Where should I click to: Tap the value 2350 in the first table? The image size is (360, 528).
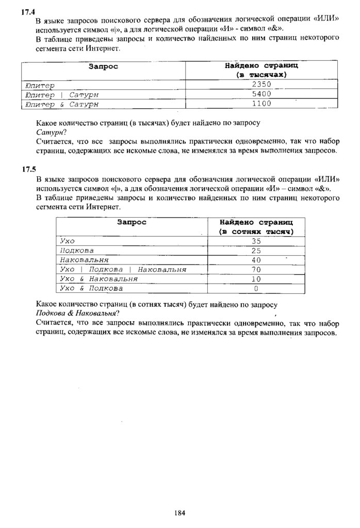[261, 85]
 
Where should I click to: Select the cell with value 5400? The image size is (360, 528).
[261, 94]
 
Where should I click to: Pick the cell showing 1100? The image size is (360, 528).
[261, 104]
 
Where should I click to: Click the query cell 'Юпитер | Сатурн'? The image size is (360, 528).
[61, 94]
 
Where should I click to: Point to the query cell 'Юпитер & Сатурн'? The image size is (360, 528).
[61, 104]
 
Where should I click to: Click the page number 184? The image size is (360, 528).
[179, 513]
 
